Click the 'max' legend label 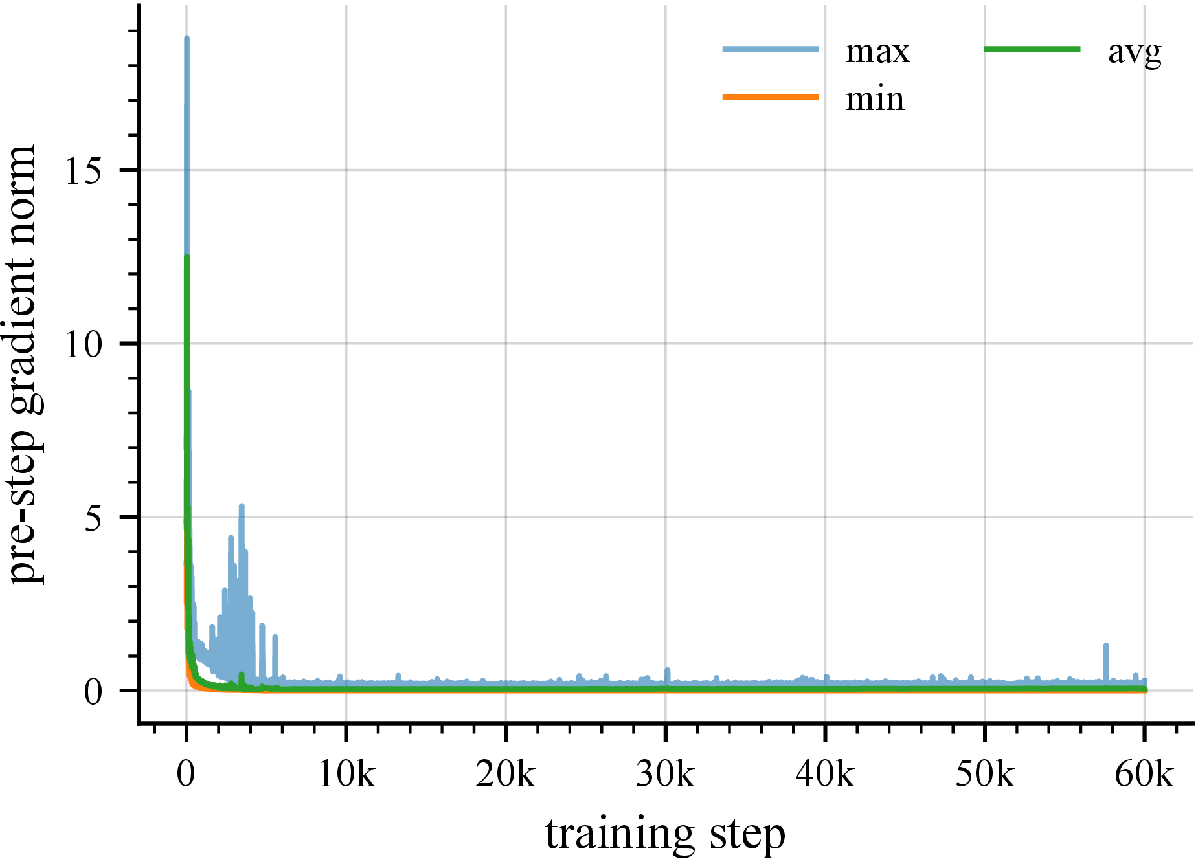click(877, 52)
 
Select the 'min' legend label click(875, 100)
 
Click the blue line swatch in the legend click(771, 49)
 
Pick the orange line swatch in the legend click(771, 97)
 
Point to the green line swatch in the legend click(1032, 49)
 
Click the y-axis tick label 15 click(84, 171)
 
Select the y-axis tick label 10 click(84, 344)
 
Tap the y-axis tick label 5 click(93, 518)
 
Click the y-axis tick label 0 click(93, 692)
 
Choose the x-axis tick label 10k click(346, 773)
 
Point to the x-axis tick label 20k click(506, 773)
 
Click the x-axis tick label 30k click(666, 773)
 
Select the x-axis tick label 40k click(825, 773)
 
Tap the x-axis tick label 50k click(985, 773)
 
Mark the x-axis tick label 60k click(1144, 773)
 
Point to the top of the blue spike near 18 click(186, 38)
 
